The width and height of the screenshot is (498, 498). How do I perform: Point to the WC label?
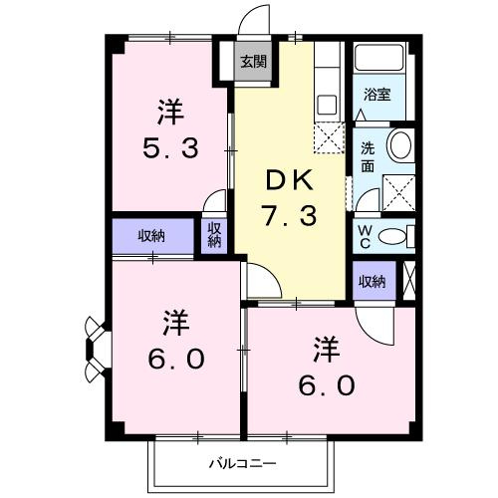coord(366,236)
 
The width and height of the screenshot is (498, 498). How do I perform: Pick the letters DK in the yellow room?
coord(289,180)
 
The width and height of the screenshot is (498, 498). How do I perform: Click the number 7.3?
coord(290,214)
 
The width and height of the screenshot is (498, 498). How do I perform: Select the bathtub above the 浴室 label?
coord(378,60)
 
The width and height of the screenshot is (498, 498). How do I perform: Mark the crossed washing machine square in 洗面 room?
coord(399,189)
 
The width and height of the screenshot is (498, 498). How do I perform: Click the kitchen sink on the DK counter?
coord(327,103)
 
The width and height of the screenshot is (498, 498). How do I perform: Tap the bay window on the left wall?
coord(95,349)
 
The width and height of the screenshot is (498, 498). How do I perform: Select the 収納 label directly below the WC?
coord(372,282)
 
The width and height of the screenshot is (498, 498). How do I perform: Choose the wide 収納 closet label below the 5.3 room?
coord(151,236)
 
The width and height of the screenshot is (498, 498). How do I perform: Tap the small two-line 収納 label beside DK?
coord(214,235)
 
